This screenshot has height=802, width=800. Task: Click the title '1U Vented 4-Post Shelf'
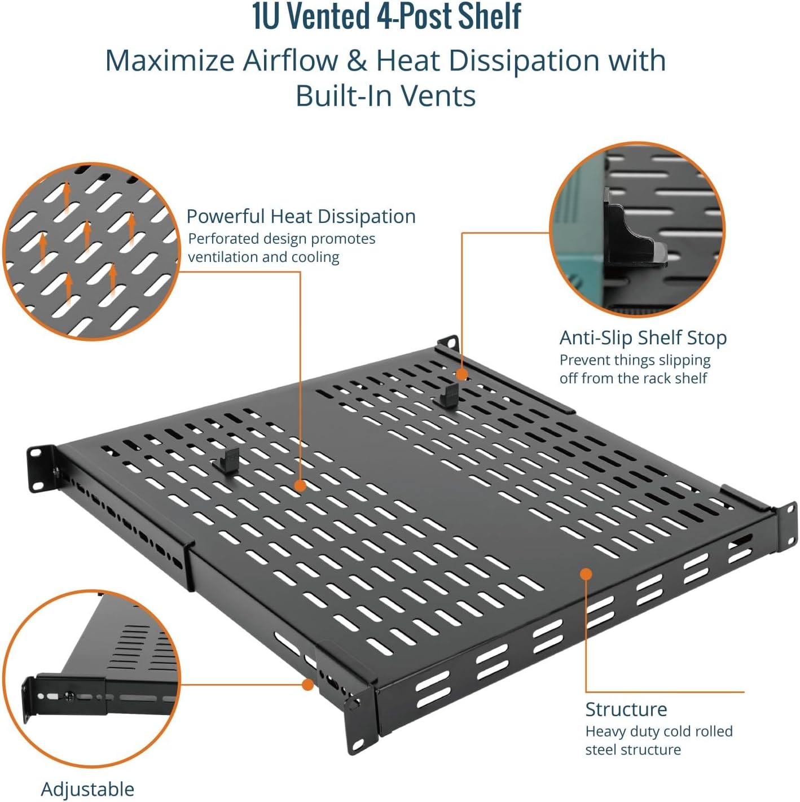[x=386, y=17]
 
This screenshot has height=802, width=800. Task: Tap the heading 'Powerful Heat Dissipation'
[x=301, y=216]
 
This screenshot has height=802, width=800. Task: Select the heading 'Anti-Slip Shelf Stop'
[x=643, y=338]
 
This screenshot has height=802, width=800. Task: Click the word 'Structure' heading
[x=626, y=709]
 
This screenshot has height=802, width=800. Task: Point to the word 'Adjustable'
[x=87, y=788]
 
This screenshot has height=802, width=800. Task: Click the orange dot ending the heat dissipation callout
[x=300, y=485]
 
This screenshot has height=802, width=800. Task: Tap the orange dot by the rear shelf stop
[x=461, y=374]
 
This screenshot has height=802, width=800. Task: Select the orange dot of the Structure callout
[x=586, y=574]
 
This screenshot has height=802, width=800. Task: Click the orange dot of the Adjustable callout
[x=307, y=685]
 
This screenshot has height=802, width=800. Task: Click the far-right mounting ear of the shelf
[x=786, y=526]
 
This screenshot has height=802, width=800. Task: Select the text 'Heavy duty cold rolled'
[x=658, y=731]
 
